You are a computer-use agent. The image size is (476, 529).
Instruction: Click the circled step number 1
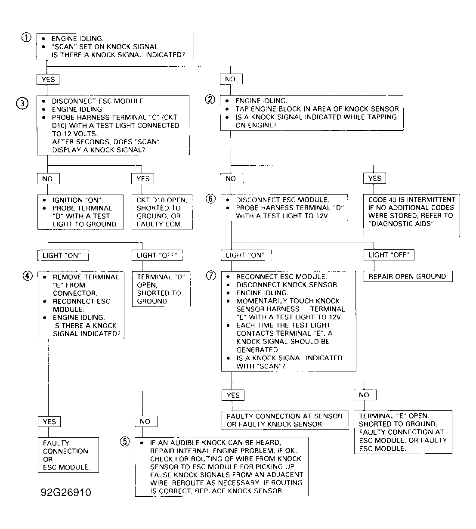tap(26, 37)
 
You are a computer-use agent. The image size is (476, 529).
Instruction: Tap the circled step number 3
tap(22, 103)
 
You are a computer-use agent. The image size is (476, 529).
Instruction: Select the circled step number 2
tap(210, 100)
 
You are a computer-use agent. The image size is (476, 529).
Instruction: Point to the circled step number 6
tap(210, 199)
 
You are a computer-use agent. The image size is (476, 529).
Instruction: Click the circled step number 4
tap(28, 276)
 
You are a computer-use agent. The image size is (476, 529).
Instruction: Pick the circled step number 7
tap(211, 276)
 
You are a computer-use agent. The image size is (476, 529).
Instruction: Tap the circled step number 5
tap(124, 442)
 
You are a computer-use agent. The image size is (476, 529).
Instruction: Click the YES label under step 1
tap(48, 79)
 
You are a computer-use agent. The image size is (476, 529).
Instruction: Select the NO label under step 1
tap(230, 79)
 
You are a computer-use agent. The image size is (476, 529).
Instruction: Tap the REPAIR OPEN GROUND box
tap(407, 277)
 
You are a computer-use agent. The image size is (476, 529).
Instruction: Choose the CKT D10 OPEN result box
tap(161, 212)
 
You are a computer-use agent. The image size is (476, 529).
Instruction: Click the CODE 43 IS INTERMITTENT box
tap(411, 215)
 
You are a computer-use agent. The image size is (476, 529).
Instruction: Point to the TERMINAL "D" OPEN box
tap(161, 289)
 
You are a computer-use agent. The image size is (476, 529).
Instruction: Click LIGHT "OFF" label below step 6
tap(389, 255)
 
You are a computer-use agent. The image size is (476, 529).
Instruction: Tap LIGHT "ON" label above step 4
tap(62, 255)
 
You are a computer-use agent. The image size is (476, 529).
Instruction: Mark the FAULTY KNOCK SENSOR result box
tap(284, 420)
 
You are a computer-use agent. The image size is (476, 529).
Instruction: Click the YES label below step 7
tap(233, 395)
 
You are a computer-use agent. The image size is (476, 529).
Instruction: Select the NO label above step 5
tap(145, 421)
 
